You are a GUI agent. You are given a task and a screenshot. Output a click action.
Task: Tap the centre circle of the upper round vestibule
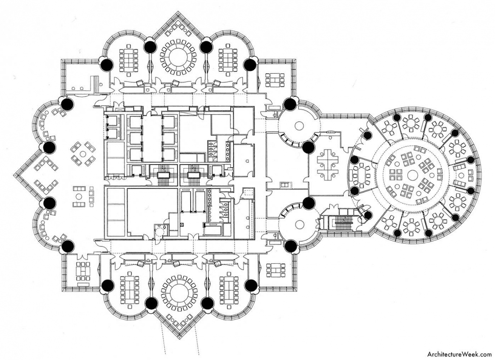tap(299, 126)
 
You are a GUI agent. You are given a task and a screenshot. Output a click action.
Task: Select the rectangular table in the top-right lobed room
tap(228, 58)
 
